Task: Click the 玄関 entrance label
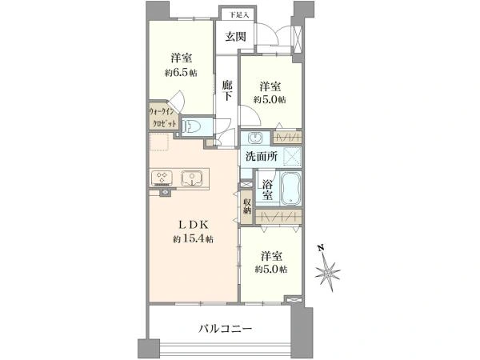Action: pos(235,37)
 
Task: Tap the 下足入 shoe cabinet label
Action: pos(239,14)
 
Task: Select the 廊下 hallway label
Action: pos(227,90)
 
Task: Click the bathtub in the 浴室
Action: pos(291,188)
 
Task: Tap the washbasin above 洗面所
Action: pos(255,138)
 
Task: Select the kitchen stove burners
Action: pos(162,178)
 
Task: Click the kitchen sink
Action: pos(192,178)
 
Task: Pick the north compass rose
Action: pos(327,272)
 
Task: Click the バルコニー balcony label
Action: pos(226,329)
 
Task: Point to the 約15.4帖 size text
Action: pos(193,238)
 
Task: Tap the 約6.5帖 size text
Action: pos(181,73)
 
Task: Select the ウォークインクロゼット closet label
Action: pos(163,118)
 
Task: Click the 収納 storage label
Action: pos(246,206)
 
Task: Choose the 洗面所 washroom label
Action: pos(262,157)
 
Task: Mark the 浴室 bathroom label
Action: pos(267,190)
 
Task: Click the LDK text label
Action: pos(194,225)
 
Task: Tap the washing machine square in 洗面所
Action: pos(292,157)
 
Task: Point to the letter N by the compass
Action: pos(321,248)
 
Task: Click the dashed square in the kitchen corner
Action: pos(159,142)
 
